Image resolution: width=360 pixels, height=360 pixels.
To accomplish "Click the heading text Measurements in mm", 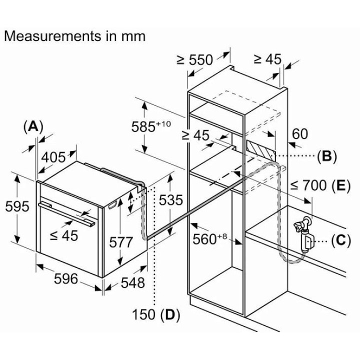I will (74, 36).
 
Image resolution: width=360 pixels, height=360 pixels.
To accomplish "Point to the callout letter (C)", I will (340, 240).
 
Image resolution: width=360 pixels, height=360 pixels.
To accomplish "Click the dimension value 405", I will (53, 157).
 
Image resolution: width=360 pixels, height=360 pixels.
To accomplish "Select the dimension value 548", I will (132, 282).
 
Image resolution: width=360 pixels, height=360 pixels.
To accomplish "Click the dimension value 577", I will (121, 242).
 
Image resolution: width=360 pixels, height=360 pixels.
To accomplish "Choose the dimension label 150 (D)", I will (156, 315).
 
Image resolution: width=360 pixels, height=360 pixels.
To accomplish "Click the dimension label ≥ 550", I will (194, 60).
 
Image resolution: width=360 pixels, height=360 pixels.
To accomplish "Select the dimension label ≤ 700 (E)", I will (319, 185).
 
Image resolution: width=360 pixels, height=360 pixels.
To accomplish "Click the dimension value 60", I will (299, 134).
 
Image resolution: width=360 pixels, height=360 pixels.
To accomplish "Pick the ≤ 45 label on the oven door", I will (64, 235).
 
